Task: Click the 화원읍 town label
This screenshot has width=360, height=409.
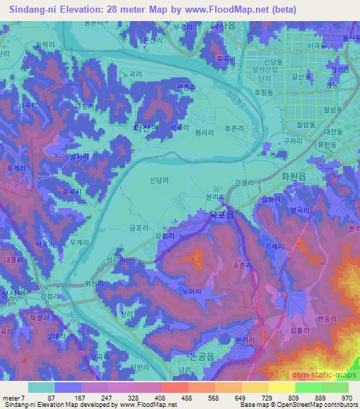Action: click(x=296, y=178)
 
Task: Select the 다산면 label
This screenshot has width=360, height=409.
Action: click(x=148, y=127)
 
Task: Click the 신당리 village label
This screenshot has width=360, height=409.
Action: click(x=161, y=180)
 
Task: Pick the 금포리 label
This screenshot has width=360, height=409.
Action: click(x=139, y=228)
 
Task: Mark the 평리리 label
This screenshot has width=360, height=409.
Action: click(x=205, y=131)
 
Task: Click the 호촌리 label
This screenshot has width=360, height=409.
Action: click(x=234, y=129)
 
